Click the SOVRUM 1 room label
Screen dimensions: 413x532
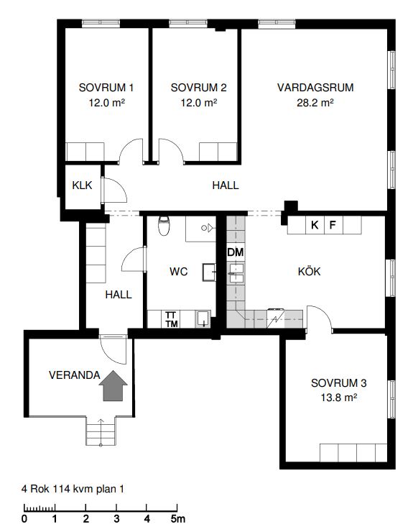point(106,88)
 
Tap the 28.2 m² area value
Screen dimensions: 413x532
point(315,103)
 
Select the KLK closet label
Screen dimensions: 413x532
point(82,185)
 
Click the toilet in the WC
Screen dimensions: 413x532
point(164,226)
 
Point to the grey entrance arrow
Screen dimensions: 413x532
point(113,386)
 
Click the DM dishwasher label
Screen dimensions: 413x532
point(236,252)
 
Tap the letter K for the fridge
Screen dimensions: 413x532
point(315,224)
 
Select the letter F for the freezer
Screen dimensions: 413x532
point(333,224)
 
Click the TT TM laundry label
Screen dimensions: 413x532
point(172,320)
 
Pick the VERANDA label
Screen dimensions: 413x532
point(75,375)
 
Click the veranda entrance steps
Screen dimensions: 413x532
point(101,431)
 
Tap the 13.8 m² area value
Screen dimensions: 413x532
point(339,398)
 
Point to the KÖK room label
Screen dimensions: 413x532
point(310,272)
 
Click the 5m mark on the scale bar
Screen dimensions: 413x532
point(177,519)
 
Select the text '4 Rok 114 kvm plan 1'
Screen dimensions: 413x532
point(73,489)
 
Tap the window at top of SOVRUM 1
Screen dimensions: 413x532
point(101,24)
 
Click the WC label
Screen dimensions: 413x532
point(178,272)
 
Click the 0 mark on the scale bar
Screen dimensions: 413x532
point(24,519)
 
